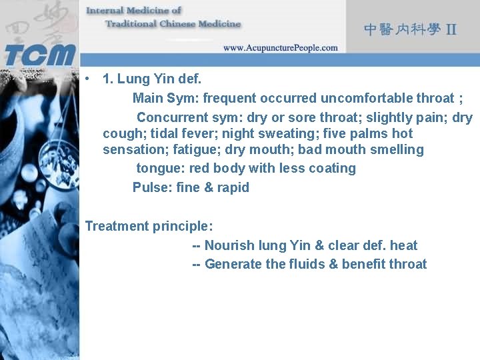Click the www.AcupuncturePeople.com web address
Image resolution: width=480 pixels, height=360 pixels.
280,48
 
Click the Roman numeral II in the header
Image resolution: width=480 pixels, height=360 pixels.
451,30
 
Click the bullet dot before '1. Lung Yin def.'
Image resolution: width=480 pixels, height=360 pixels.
88,79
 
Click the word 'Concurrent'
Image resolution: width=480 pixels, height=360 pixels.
170,118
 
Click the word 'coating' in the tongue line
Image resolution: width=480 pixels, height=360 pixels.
333,168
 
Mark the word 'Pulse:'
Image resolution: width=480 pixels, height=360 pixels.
153,187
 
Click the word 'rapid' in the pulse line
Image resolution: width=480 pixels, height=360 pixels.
233,187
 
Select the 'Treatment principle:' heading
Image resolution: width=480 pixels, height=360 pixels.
149,226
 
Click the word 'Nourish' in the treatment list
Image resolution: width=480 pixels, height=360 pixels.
229,245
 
